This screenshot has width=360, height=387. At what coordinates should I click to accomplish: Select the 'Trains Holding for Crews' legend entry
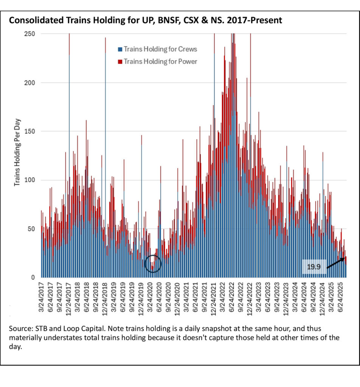coord(160,49)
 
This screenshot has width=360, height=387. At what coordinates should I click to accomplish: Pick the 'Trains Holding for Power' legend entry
coord(161,61)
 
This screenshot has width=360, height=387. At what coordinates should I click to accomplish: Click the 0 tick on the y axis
coord(33,277)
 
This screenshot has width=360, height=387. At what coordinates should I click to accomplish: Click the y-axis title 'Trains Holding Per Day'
coord(17,152)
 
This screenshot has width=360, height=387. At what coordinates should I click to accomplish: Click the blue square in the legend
coord(120,49)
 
